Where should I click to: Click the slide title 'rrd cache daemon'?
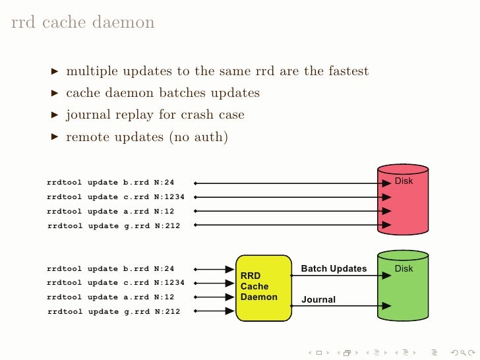coord(83,23)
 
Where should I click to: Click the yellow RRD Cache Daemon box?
coord(263,287)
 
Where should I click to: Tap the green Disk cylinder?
coord(404,290)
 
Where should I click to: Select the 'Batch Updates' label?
coord(334,268)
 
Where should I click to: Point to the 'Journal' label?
coord(318,299)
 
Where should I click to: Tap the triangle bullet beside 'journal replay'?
coord(55,115)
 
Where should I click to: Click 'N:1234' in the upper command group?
coord(169,196)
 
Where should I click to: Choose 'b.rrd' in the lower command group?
coord(136,269)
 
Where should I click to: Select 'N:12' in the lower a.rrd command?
coord(164,297)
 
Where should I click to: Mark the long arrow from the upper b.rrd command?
coord(290,183)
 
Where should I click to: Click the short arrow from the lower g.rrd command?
coord(215,311)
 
